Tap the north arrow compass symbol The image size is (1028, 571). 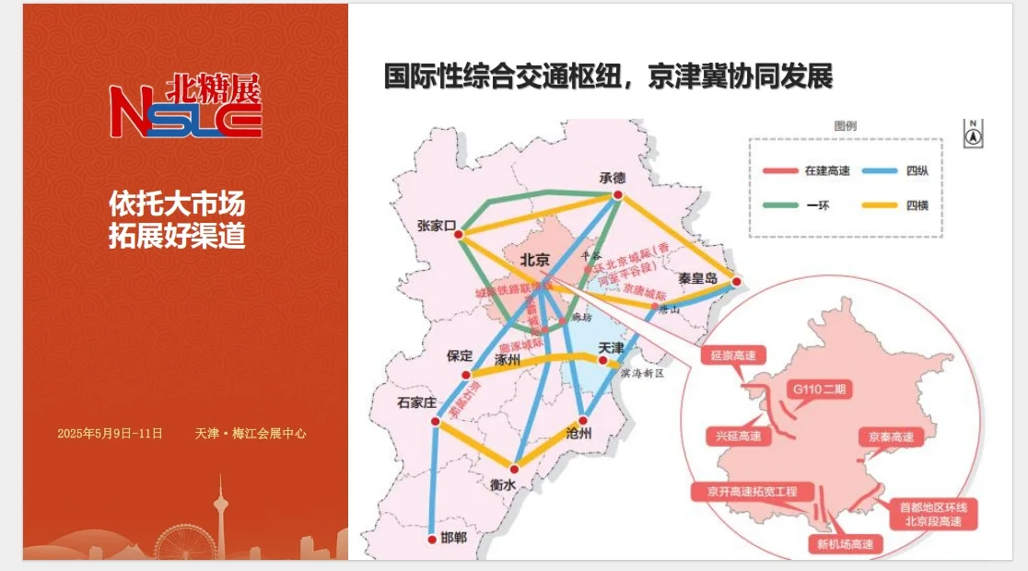tap(973, 133)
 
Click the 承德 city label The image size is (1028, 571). tap(612, 178)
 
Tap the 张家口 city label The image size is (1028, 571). tap(437, 226)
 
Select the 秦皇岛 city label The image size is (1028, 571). tap(697, 277)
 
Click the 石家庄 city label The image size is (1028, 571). tap(415, 402)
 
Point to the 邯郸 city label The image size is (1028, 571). tap(453, 537)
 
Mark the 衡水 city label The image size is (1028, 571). tap(502, 485)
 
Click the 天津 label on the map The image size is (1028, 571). tap(611, 348)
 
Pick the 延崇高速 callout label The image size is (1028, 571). tap(733, 355)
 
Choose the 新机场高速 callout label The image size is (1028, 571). tap(845, 544)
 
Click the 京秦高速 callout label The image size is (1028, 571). tap(890, 437)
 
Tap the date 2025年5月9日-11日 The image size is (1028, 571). tap(110, 433)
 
